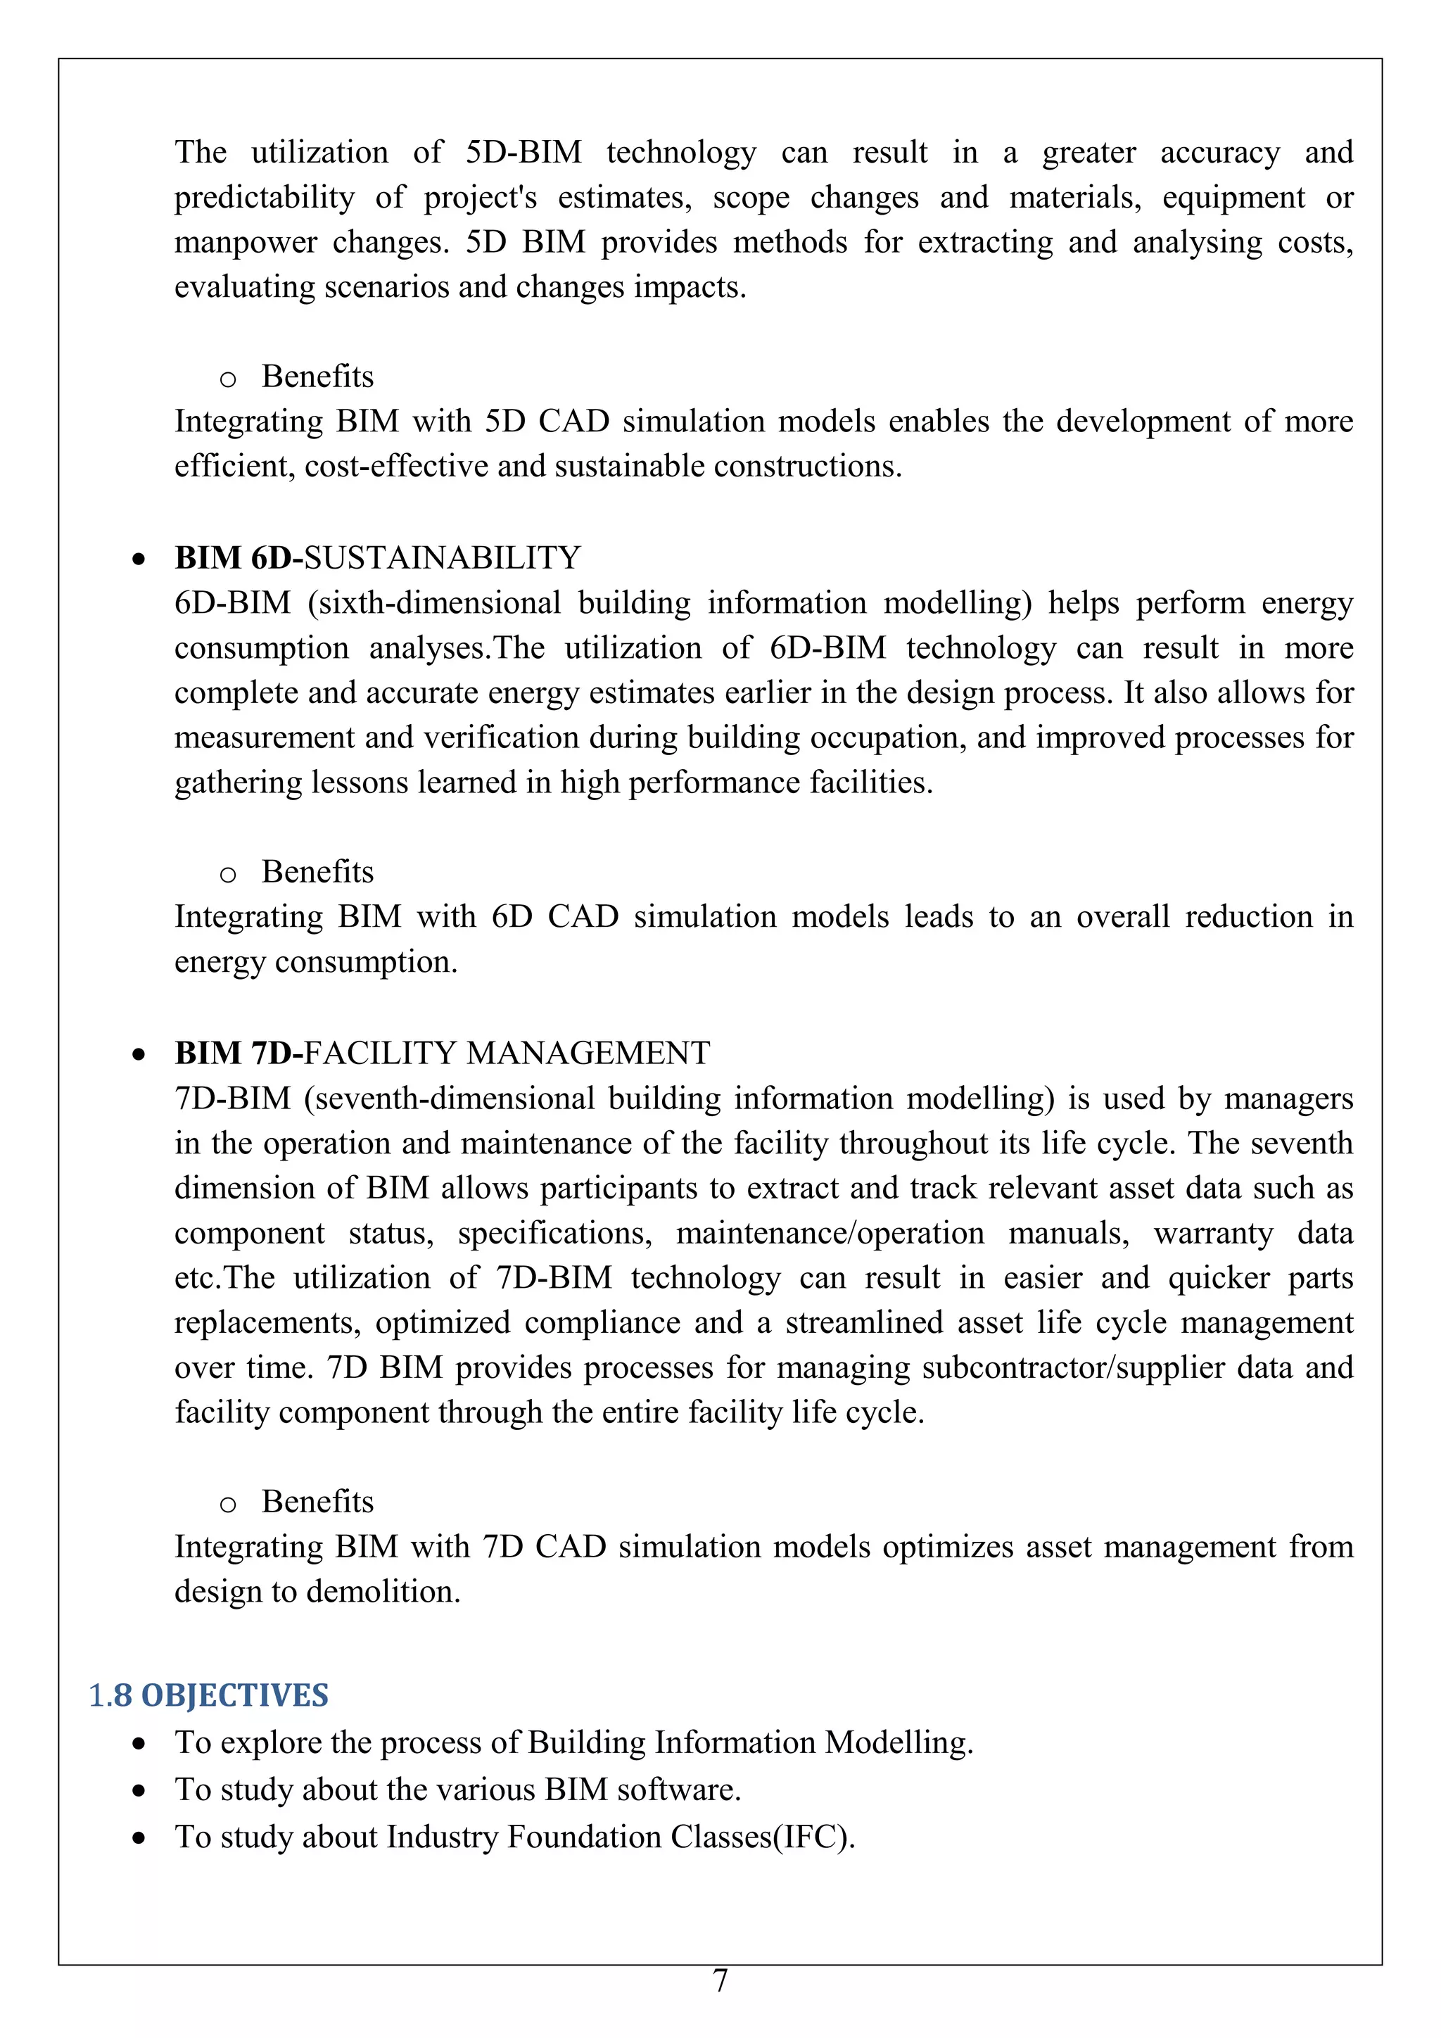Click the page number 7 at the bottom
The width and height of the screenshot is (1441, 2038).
pyautogui.click(x=720, y=1980)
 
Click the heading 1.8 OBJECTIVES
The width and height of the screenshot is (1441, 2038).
pyautogui.click(x=208, y=1695)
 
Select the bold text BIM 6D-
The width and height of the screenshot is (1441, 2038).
pyautogui.click(x=238, y=558)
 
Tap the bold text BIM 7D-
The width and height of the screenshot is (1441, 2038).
pyautogui.click(x=238, y=1053)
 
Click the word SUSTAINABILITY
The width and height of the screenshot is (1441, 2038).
pyautogui.click(x=442, y=558)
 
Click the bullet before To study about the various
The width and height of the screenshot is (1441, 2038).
pyautogui.click(x=139, y=1791)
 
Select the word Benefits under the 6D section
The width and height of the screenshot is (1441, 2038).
pyautogui.click(x=317, y=872)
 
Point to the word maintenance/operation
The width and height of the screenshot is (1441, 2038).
pyautogui.click(x=830, y=1233)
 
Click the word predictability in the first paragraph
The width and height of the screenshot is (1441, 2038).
pyautogui.click(x=264, y=198)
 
